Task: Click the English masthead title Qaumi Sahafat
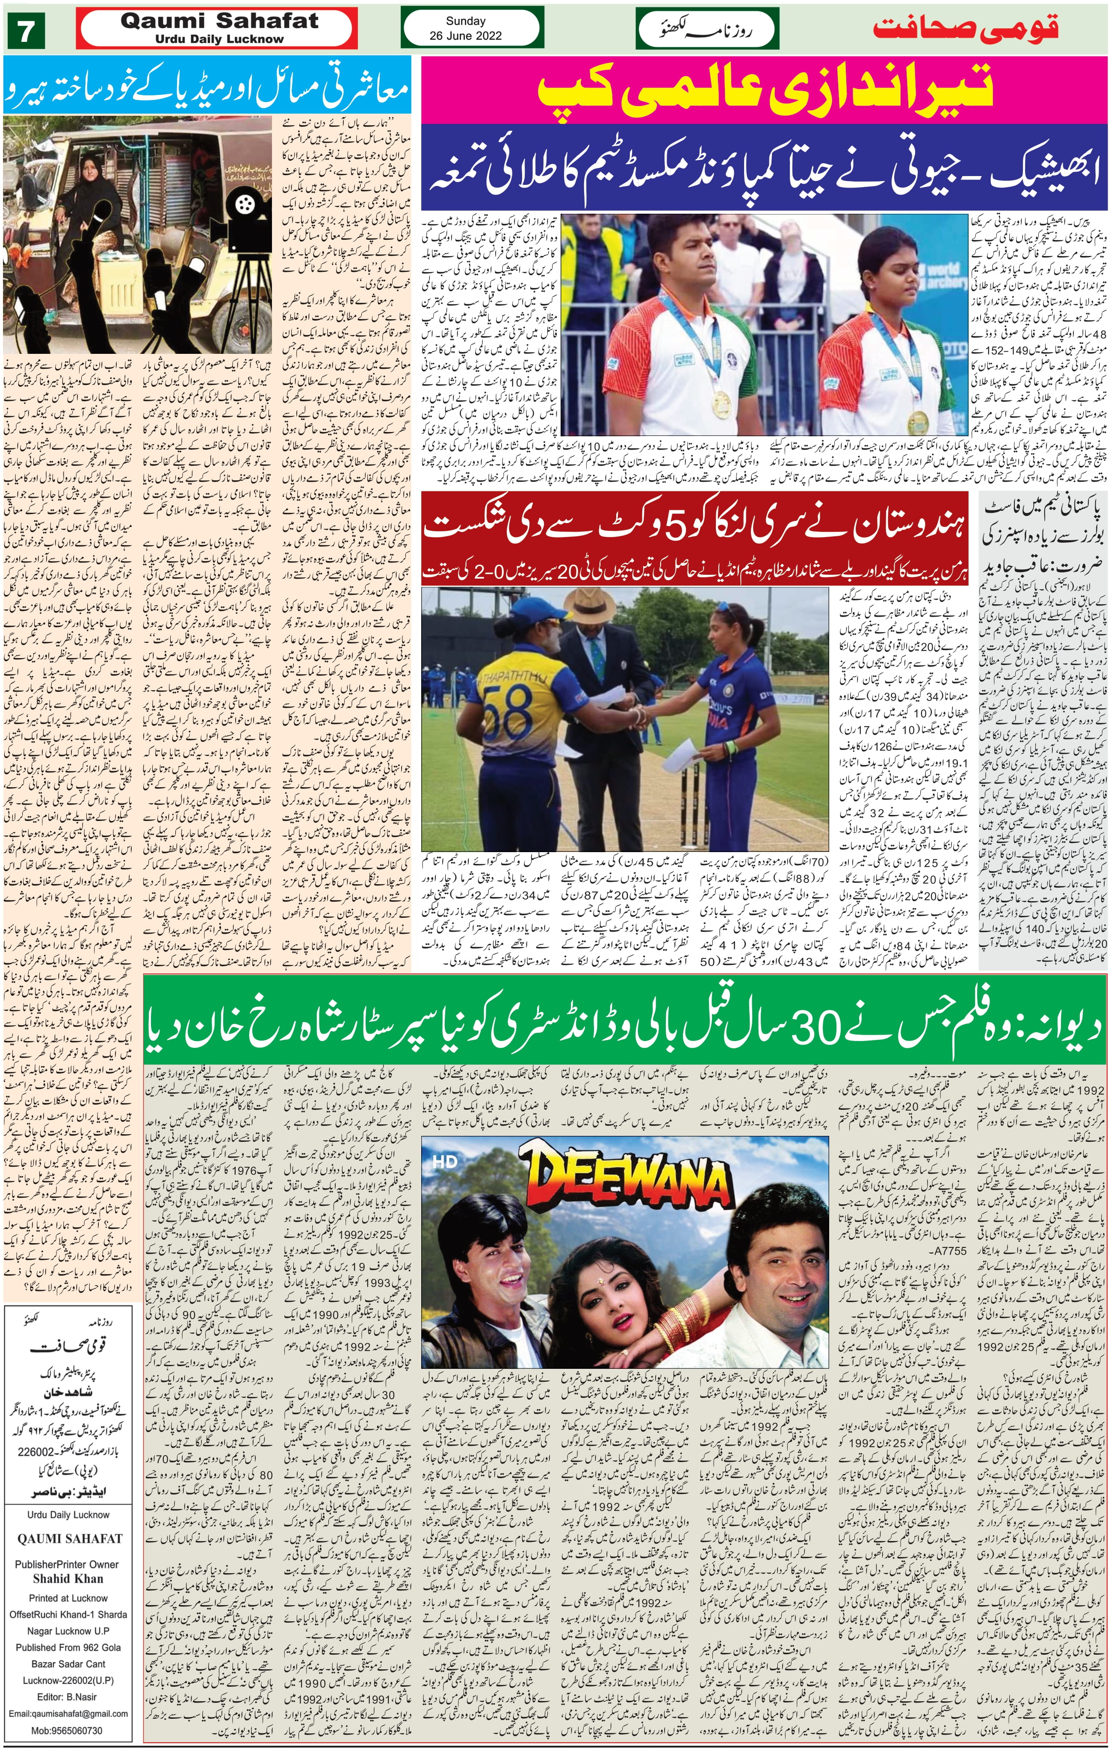click(219, 21)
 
